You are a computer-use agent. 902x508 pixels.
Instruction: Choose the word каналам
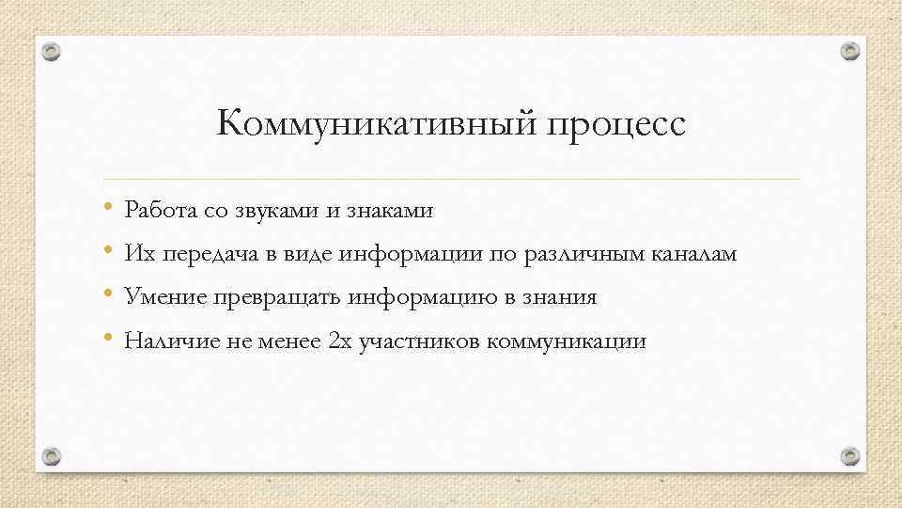point(694,254)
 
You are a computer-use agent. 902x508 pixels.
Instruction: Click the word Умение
point(164,298)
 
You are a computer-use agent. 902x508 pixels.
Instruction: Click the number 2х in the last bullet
point(339,341)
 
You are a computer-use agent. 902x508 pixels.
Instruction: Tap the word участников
point(419,342)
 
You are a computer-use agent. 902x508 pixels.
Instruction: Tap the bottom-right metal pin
point(849,456)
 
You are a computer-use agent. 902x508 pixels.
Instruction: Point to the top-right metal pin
point(849,51)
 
